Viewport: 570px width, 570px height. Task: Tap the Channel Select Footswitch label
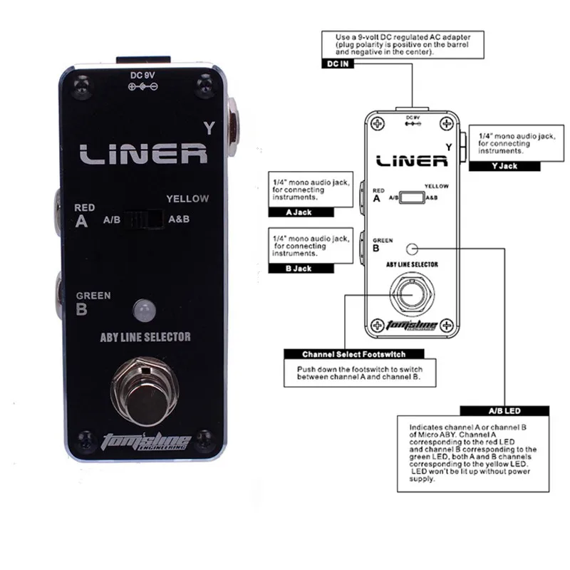coord(354,353)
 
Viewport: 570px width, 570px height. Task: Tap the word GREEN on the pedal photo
coord(93,296)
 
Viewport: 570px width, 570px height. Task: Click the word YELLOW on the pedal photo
coord(187,199)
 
